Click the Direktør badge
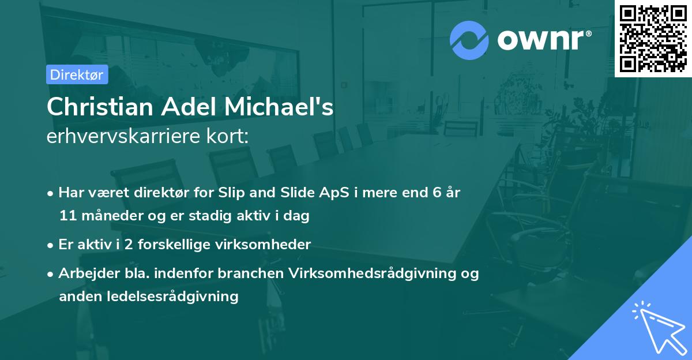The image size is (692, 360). point(77,74)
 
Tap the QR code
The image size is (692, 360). point(653,39)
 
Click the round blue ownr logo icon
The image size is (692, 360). point(469,40)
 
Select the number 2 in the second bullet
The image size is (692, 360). point(129,245)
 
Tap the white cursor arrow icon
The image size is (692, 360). point(657,328)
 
